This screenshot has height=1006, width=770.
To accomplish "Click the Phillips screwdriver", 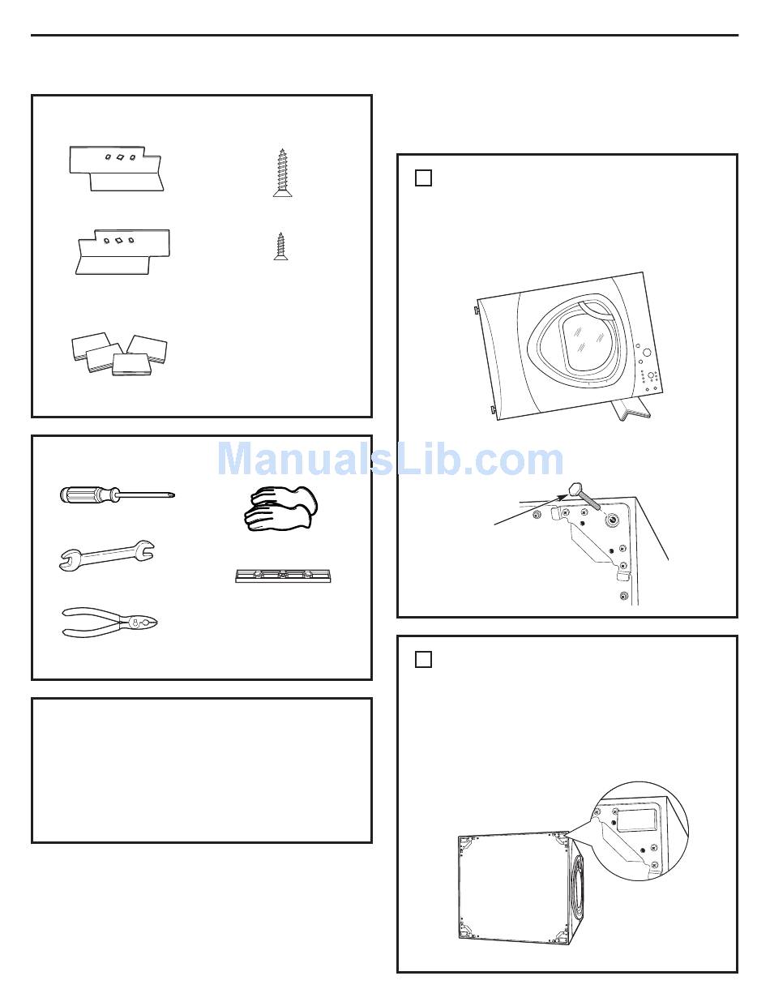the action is click(117, 495).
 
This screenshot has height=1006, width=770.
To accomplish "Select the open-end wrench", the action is click(107, 554).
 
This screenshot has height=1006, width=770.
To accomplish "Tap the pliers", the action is click(109, 623).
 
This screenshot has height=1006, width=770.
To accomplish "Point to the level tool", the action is click(283, 576).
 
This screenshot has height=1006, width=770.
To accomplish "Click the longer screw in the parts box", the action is click(282, 173).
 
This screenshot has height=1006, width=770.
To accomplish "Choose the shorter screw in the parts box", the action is click(280, 246).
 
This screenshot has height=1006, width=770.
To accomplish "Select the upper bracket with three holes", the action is click(116, 169).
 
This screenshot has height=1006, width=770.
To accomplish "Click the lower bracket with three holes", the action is click(122, 252).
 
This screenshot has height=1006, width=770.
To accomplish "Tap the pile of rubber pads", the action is click(119, 353).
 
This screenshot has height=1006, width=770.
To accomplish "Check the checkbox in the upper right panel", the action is click(423, 178).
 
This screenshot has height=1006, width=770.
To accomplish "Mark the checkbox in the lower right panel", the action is click(423, 659).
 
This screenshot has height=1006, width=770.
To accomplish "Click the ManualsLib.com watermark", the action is click(390, 460).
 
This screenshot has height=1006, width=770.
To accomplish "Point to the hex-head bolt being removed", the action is click(584, 497).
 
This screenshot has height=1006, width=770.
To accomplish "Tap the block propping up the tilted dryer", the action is click(631, 411).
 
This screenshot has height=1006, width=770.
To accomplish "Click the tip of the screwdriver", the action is click(174, 496).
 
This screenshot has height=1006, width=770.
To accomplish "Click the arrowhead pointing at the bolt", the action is click(563, 497).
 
